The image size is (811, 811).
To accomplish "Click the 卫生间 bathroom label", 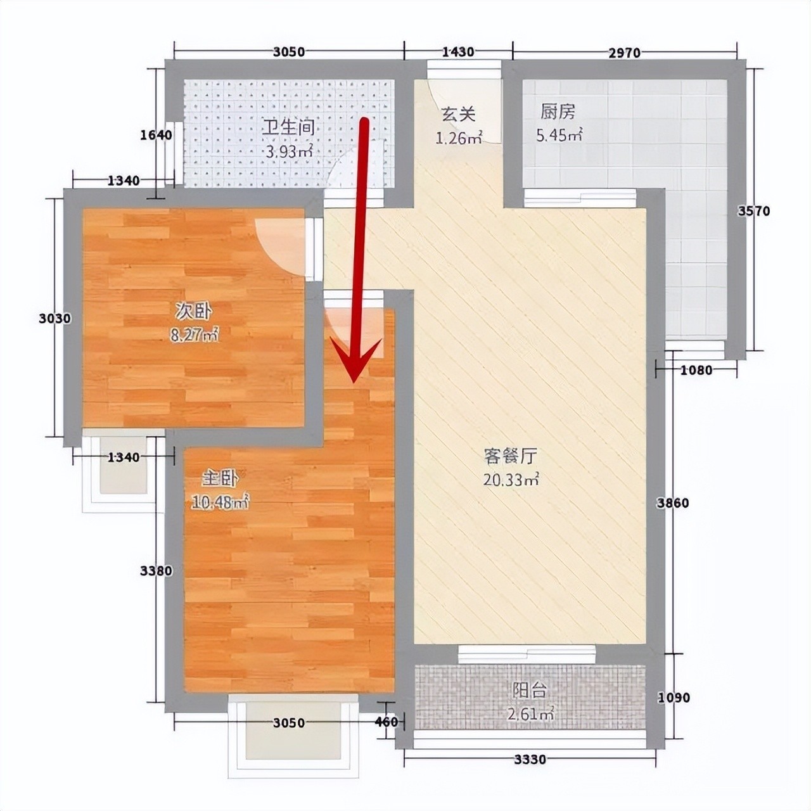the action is (x=288, y=127).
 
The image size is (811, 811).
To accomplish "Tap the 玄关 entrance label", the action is (x=458, y=114).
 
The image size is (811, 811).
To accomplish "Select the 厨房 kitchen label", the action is (x=558, y=112).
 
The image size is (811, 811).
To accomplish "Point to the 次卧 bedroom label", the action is (x=194, y=312).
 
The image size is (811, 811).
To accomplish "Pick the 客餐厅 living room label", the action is (x=510, y=456).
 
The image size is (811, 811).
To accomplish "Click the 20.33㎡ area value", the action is (x=511, y=480).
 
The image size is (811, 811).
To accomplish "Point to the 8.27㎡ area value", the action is (x=194, y=335).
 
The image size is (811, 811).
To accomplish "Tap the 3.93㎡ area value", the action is (x=289, y=151).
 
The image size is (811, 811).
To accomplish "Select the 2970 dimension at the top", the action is (x=625, y=53).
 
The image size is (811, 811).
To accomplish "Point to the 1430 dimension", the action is (x=458, y=52).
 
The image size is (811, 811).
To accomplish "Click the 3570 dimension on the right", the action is (x=754, y=211).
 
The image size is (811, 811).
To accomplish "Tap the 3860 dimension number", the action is (x=673, y=503).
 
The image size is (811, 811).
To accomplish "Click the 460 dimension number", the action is (x=386, y=722).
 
